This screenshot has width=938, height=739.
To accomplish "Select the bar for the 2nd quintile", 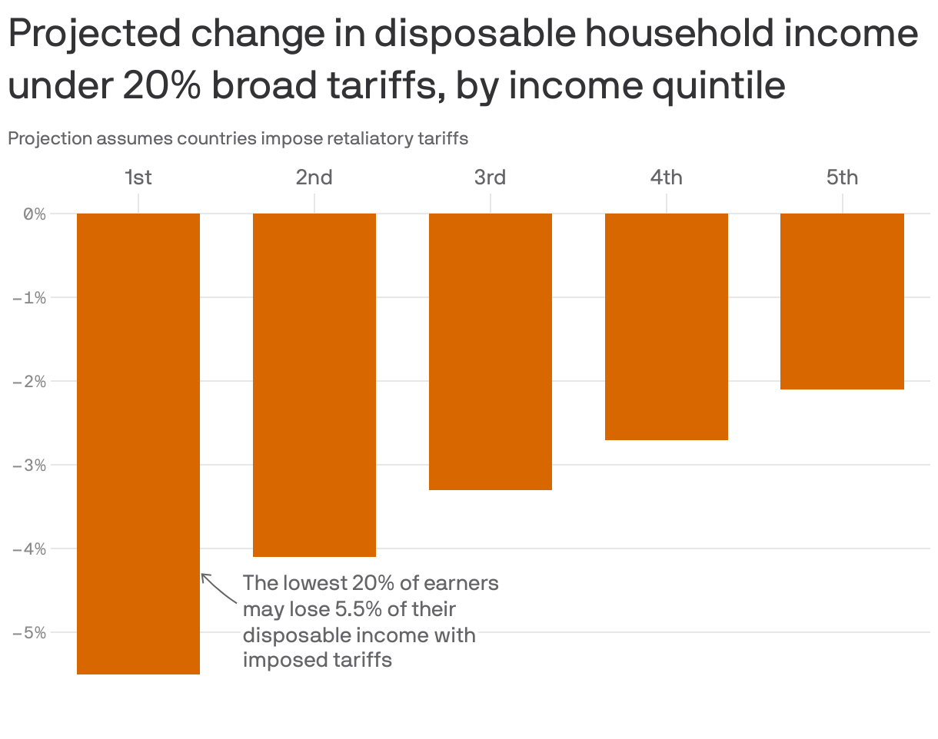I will (x=314, y=384).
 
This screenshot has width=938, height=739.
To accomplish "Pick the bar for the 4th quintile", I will (x=667, y=326).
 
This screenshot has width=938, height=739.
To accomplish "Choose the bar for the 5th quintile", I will (x=842, y=301).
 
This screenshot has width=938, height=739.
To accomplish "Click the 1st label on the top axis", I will (x=138, y=178).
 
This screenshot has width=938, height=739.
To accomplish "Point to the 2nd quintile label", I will (x=314, y=178).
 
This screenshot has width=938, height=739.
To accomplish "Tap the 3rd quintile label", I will (x=491, y=178).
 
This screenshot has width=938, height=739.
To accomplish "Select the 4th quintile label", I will (x=667, y=178).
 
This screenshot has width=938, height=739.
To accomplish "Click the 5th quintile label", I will (x=842, y=178).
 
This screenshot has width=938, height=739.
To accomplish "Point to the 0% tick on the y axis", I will (x=35, y=214).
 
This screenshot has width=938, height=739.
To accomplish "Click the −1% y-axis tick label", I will (x=29, y=298).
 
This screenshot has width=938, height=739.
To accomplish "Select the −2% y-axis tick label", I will (x=29, y=382).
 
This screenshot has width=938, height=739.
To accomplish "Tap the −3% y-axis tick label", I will (x=29, y=466).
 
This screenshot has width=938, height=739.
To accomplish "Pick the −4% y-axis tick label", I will (x=29, y=549).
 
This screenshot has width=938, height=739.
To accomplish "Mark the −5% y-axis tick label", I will (x=29, y=633).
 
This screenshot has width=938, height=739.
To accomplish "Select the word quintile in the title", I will (x=719, y=85).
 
